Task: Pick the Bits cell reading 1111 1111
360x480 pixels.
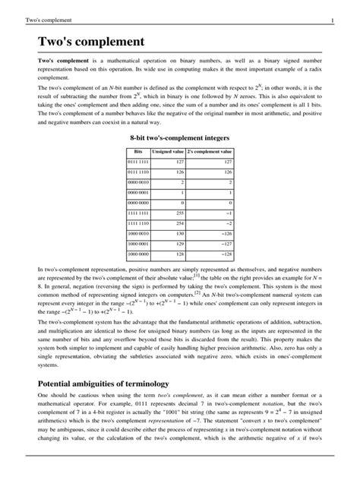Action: tap(137, 214)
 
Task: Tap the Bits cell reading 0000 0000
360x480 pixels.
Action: tap(137, 204)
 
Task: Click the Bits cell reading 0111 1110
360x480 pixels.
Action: tap(137, 173)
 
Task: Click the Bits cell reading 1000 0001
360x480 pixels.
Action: tap(137, 245)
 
